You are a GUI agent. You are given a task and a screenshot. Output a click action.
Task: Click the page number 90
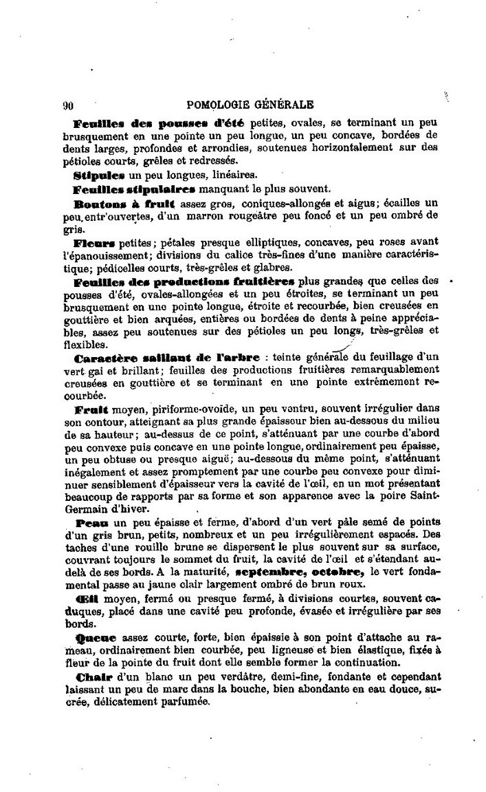[x=67, y=105]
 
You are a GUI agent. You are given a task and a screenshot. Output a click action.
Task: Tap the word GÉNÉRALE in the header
[x=285, y=105]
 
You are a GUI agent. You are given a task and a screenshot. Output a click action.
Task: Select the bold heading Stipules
[x=93, y=175]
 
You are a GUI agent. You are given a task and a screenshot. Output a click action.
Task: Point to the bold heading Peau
[x=89, y=524]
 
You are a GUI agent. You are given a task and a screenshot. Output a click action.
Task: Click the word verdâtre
[x=194, y=678]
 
